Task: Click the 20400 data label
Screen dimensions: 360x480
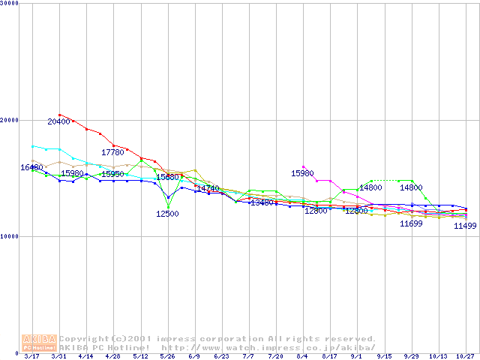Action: click(x=59, y=121)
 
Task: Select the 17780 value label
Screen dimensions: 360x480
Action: click(x=112, y=152)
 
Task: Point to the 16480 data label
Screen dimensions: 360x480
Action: click(x=31, y=167)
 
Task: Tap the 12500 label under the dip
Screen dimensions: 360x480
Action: click(x=167, y=214)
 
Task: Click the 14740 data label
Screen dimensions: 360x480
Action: click(x=208, y=188)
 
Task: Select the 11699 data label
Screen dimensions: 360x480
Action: click(x=411, y=223)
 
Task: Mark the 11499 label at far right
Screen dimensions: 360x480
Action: click(x=465, y=226)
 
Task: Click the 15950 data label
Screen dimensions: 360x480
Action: click(x=112, y=174)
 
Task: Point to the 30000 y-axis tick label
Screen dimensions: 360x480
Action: click(x=10, y=4)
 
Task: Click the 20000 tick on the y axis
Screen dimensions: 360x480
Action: click(x=10, y=120)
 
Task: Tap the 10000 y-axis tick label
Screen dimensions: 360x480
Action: click(x=10, y=236)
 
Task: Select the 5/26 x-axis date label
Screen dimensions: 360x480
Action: click(x=167, y=356)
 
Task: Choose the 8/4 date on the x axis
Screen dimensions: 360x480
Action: click(x=302, y=356)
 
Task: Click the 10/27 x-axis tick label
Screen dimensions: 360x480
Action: click(x=465, y=356)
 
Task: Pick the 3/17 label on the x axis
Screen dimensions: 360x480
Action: click(x=31, y=356)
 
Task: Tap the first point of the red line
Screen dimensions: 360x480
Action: click(x=59, y=115)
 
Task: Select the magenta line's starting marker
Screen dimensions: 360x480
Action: click(x=303, y=166)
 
